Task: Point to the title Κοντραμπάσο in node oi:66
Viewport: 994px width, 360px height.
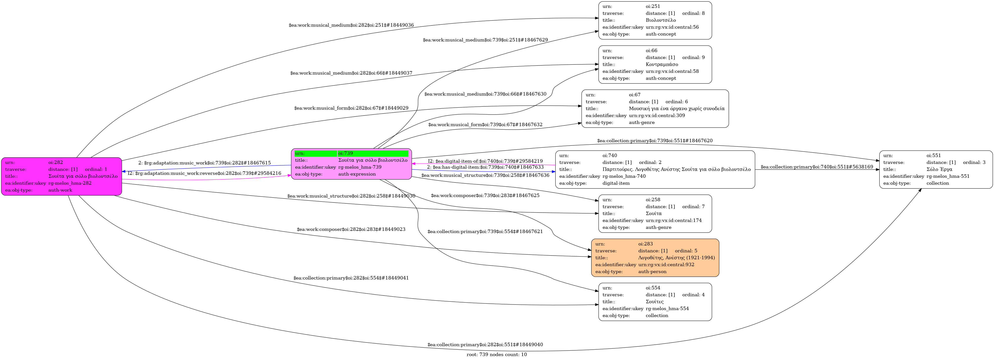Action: pos(662,64)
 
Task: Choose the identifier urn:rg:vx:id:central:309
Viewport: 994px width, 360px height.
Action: pos(657,115)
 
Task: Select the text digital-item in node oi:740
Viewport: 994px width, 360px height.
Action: pos(616,183)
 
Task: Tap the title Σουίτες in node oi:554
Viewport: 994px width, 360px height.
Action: pos(654,302)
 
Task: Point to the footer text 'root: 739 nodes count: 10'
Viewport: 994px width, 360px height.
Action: pos(497,355)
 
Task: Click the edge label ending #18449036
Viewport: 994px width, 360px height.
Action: pos(351,25)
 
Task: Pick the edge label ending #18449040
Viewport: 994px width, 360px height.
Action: pos(485,344)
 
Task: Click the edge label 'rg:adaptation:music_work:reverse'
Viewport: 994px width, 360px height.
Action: pos(204,173)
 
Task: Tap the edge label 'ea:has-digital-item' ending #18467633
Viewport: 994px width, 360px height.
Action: pos(485,167)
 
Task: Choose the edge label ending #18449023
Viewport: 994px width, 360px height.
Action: pos(351,229)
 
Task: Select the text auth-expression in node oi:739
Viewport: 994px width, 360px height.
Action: pos(357,174)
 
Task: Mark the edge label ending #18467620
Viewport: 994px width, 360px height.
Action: pos(654,141)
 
